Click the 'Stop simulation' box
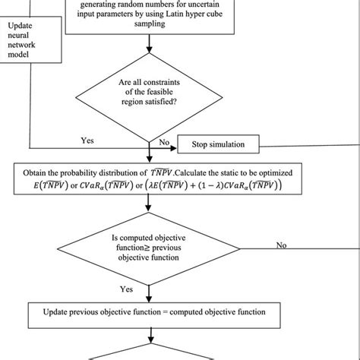coord(218,144)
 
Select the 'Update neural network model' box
coord(30,39)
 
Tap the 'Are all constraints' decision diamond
coord(149,98)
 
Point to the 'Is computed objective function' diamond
coord(149,249)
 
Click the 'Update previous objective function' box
coord(154,315)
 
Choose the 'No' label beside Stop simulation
coord(164,142)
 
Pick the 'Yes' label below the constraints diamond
coord(87,141)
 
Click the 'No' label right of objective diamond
coord(281,245)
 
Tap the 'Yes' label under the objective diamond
coord(126,289)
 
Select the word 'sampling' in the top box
coord(150,24)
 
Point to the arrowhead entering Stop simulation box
coord(174,148)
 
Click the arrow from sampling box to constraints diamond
coord(150,44)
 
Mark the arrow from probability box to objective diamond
coord(148,203)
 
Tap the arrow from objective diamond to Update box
coord(149,294)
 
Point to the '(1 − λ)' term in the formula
coord(210,186)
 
